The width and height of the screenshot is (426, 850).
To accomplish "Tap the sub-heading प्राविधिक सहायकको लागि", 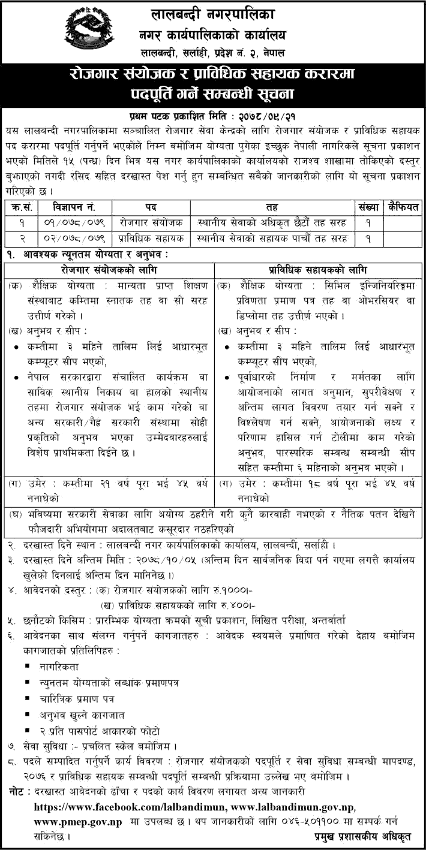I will coord(319,270).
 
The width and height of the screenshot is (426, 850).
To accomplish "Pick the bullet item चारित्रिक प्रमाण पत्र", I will coord(75,698).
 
